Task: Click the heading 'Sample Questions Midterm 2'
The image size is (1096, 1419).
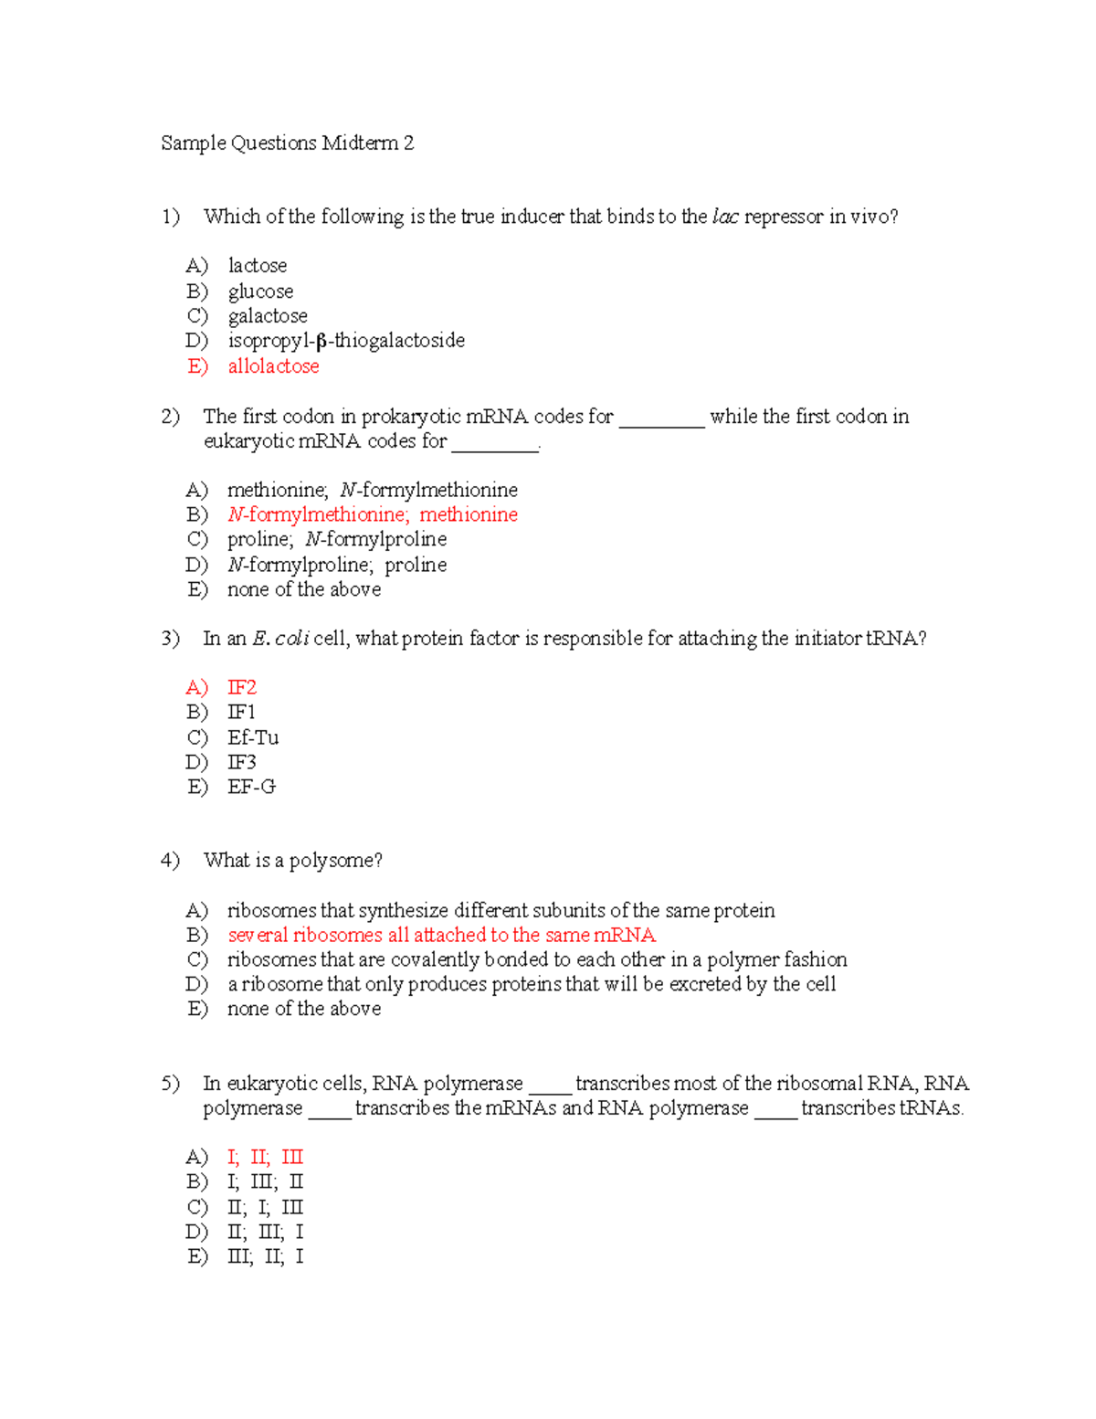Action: pos(287,143)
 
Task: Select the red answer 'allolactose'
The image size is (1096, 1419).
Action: pos(273,366)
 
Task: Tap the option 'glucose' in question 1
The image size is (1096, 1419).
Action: pos(260,291)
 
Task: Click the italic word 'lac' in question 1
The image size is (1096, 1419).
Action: pos(725,217)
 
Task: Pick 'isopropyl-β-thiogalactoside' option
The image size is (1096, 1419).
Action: pos(346,341)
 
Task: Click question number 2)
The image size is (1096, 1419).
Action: pos(171,417)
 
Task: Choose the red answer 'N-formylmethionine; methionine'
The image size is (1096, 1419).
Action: pos(373,514)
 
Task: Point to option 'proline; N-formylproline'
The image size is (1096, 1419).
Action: pos(337,539)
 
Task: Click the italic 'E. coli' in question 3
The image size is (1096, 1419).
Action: pos(279,639)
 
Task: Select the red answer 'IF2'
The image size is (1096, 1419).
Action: pos(242,687)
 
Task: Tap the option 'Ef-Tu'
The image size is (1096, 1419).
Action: pos(253,737)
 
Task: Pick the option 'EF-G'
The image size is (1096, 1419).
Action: pos(251,787)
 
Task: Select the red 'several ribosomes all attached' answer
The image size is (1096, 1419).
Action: pos(442,935)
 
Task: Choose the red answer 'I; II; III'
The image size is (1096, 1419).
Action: pos(265,1158)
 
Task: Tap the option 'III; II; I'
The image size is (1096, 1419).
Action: pos(265,1256)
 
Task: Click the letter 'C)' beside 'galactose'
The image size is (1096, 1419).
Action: pos(197,316)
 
